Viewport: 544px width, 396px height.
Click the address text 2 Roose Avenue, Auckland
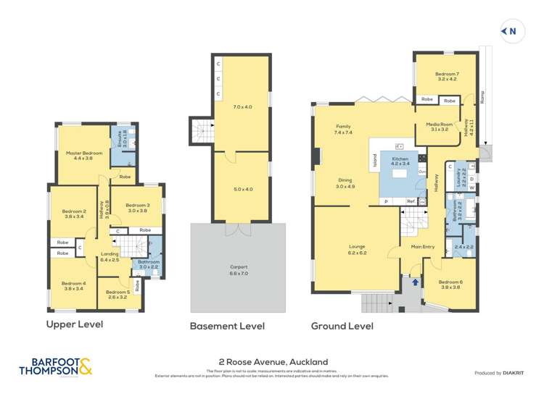point(273,361)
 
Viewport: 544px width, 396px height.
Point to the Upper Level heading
point(75,324)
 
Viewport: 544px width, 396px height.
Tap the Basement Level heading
point(227,326)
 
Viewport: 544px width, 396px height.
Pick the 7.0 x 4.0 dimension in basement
point(242,106)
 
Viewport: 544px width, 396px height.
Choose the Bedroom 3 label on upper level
point(138,208)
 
